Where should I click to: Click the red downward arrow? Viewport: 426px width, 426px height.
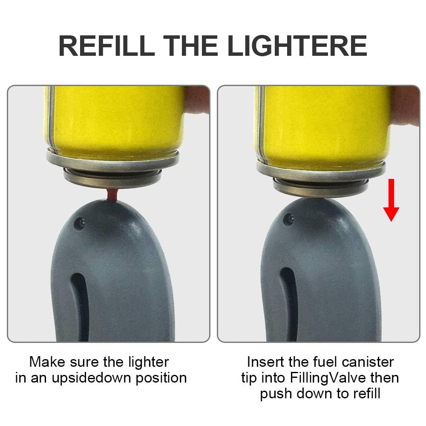coord(391,200)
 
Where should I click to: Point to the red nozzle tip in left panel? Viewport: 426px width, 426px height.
coord(112,195)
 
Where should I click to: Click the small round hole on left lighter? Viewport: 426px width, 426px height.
coord(78,222)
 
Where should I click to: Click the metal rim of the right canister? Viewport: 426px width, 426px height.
coord(322,168)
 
